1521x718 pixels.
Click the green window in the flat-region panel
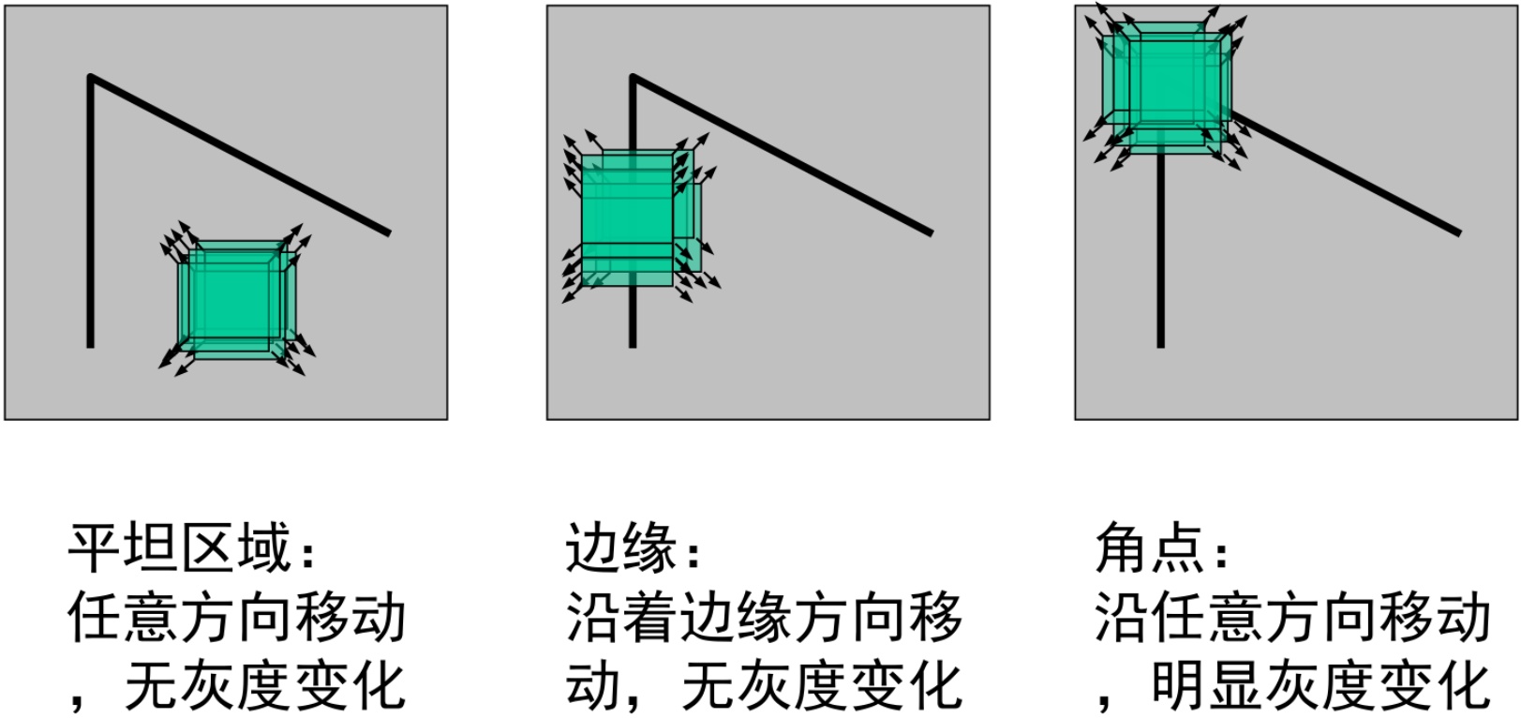point(231,298)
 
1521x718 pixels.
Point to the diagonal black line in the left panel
point(239,155)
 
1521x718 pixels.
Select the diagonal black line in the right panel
point(1350,175)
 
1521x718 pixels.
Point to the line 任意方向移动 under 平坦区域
point(237,618)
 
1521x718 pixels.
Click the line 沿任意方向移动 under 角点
point(1292,618)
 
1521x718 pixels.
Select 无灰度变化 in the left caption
point(265,686)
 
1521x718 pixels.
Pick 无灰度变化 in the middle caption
point(822,686)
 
